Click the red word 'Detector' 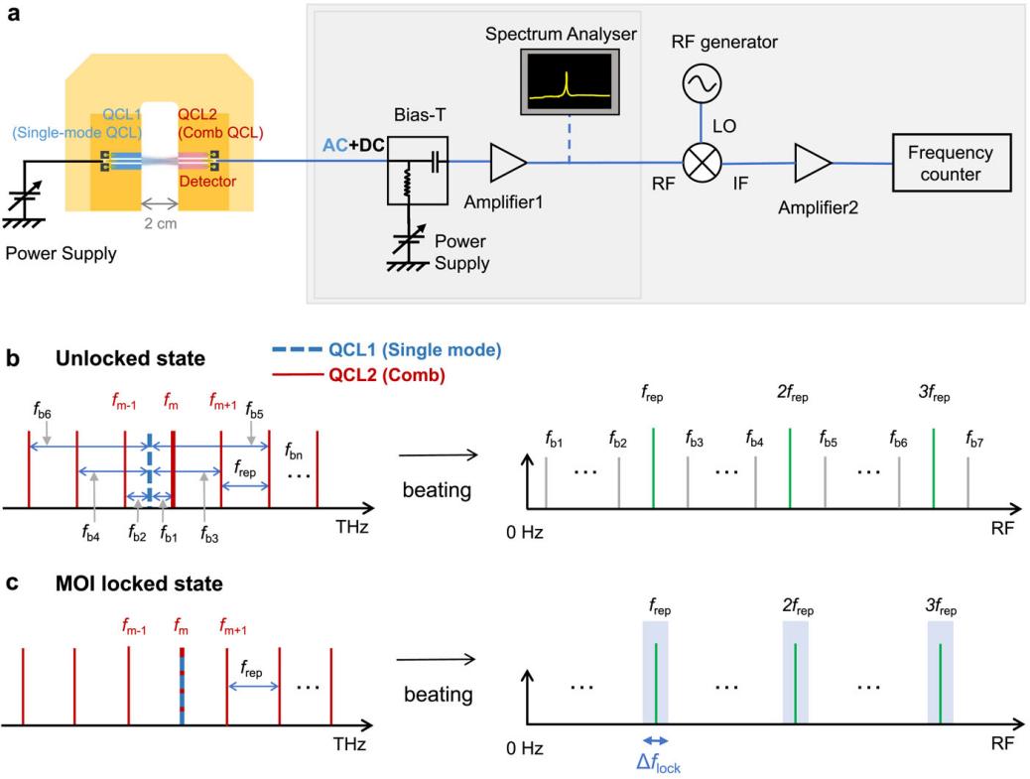[x=200, y=183]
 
